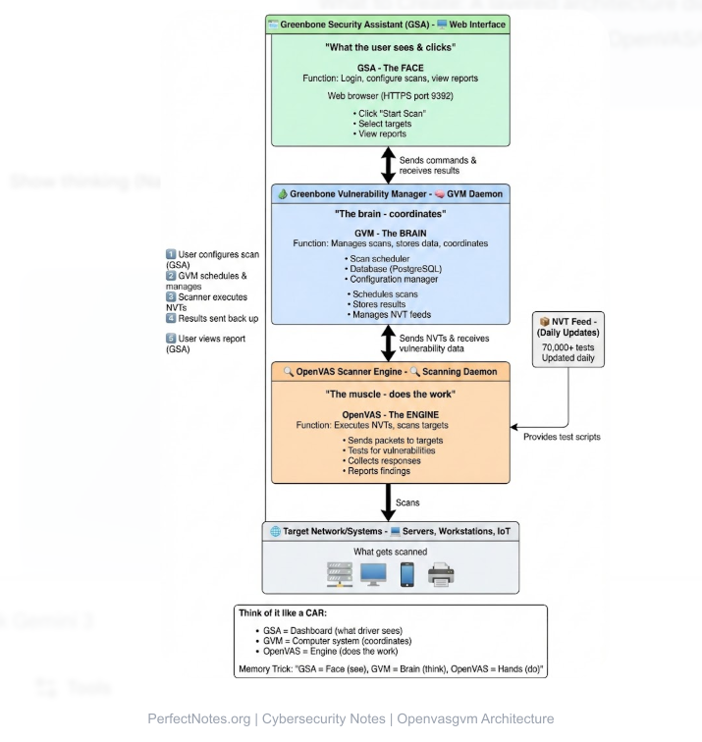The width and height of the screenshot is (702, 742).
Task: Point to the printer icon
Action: coord(441,573)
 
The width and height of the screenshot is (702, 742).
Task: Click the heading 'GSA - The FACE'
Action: coord(391,58)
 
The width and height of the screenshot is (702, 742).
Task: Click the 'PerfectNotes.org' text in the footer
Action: coord(191,718)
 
